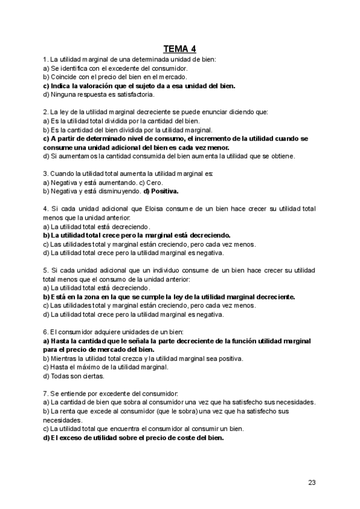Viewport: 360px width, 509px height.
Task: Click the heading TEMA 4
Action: click(x=179, y=49)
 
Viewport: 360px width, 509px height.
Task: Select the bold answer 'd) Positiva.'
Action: click(x=161, y=191)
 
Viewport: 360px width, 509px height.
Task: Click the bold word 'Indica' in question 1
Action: click(x=63, y=86)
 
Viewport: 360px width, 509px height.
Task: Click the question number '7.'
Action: click(x=46, y=393)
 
